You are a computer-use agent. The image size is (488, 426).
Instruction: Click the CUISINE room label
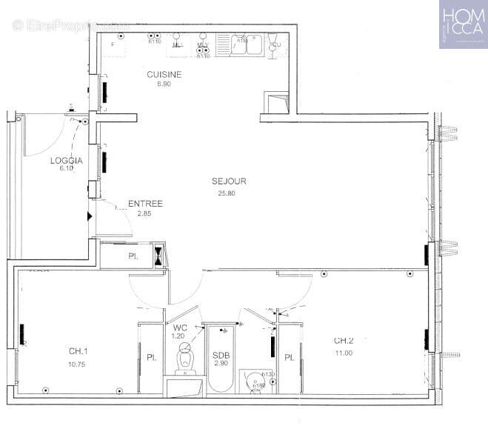(164, 75)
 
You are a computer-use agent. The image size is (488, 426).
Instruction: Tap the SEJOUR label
(229, 181)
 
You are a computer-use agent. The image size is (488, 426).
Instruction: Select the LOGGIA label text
(66, 160)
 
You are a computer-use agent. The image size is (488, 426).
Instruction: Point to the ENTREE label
(145, 204)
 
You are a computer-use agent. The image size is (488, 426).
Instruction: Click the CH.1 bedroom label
(79, 351)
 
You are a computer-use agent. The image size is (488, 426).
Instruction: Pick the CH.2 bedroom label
(344, 341)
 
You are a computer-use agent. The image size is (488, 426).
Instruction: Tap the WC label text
(180, 327)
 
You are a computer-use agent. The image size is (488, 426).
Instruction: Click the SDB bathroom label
(221, 356)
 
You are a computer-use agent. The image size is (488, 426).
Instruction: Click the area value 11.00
(344, 354)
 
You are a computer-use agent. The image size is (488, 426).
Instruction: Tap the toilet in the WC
(184, 359)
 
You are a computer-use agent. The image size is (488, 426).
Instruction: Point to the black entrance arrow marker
(90, 216)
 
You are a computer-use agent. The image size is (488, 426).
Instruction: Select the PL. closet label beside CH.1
(150, 358)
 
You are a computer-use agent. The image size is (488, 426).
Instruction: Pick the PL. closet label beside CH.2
(290, 358)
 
